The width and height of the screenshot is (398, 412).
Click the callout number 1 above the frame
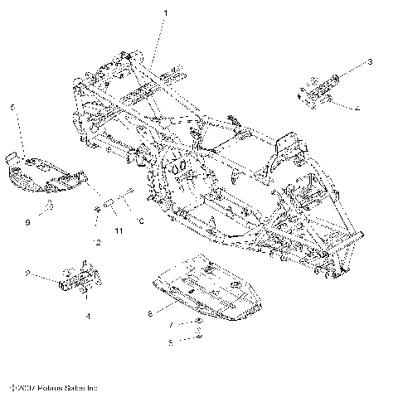point(165,14)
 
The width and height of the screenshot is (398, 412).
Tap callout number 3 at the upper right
point(370,62)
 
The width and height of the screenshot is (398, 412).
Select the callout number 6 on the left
point(13,108)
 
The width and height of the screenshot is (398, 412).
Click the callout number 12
point(98,242)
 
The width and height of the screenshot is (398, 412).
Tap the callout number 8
point(150,313)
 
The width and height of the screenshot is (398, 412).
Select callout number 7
point(170,326)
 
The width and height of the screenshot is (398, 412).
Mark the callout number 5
point(170,342)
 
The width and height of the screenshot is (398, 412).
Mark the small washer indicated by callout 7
point(199,322)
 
